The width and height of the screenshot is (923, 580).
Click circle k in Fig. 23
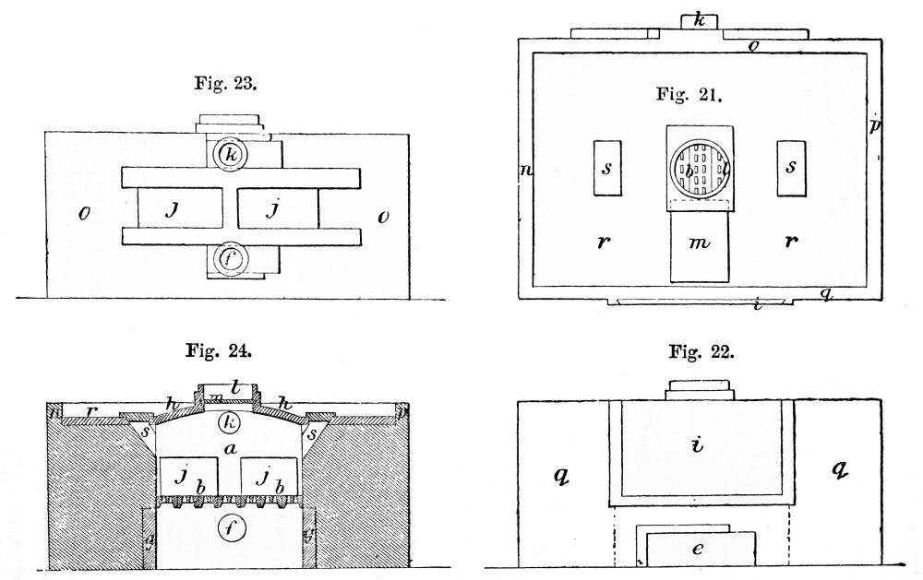click(x=231, y=156)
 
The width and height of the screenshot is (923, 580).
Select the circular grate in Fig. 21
click(x=700, y=169)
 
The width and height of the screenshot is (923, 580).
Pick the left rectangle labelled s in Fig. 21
click(x=607, y=168)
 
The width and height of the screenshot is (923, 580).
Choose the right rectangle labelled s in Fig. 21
click(x=792, y=168)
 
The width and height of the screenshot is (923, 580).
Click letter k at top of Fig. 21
click(x=700, y=18)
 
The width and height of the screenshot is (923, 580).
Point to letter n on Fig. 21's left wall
click(x=525, y=170)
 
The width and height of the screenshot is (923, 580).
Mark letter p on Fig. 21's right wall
click(x=874, y=124)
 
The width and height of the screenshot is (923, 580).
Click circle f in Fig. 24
click(x=229, y=529)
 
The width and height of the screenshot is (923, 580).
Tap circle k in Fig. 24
click(x=229, y=424)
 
